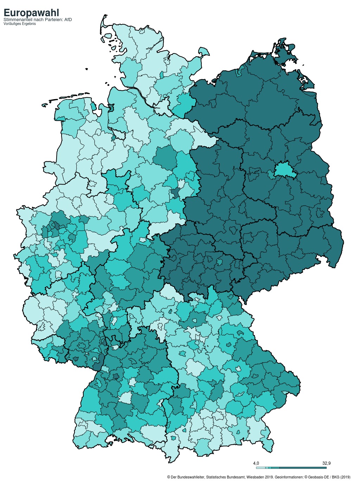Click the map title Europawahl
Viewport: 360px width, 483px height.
tap(31, 13)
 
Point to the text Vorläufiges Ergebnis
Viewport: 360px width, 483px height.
tap(19, 24)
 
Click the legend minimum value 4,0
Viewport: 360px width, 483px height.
tap(256, 463)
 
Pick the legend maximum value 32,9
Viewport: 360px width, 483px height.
tap(326, 463)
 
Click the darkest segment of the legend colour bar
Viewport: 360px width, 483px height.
tap(303, 468)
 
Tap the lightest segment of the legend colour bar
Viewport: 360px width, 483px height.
tap(261, 468)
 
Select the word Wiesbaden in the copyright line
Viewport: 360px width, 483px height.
tap(256, 477)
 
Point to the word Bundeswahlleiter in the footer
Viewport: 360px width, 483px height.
tap(190, 477)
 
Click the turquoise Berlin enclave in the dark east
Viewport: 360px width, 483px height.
tap(284, 170)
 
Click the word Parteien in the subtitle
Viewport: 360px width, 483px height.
tap(53, 20)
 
